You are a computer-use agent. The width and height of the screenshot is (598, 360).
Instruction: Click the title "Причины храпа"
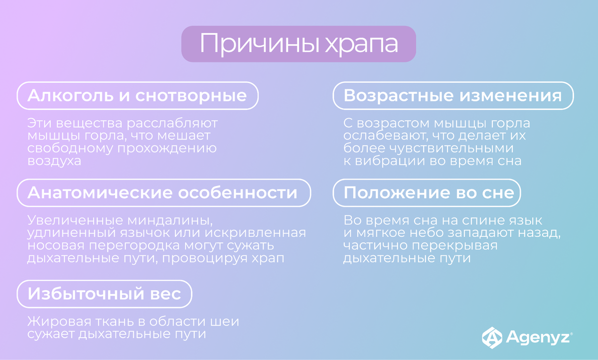coord(299,44)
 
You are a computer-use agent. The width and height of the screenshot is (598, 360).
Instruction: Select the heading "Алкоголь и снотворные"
coord(137,95)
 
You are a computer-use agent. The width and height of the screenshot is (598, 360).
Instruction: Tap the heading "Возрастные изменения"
coord(452,95)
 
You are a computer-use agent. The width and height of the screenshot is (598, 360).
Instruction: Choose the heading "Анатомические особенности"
coord(162,192)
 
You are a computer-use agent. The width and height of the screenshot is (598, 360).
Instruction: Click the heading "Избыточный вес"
coord(104,294)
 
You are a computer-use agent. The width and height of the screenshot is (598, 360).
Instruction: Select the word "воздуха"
coord(54,161)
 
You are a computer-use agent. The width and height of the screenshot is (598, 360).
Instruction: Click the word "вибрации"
coord(386,161)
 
